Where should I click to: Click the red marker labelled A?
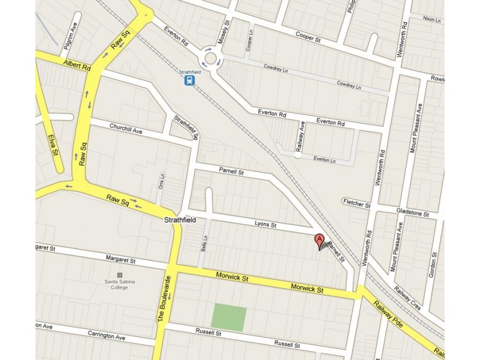coord(320,241)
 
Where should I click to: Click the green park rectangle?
coord(229,318)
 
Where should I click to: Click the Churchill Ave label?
coord(125,129)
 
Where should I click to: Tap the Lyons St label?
coord(265,225)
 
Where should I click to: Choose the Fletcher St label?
coord(357,203)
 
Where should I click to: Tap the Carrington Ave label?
coord(106,337)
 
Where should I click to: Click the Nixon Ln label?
coord(432,19)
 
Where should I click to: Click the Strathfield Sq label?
coord(186,127)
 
